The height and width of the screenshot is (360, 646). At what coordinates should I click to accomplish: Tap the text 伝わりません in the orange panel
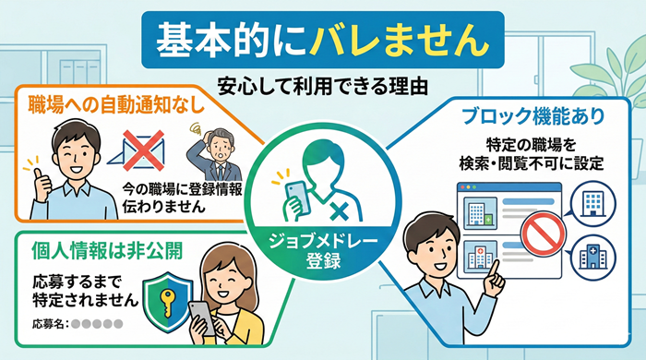point(156,205)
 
